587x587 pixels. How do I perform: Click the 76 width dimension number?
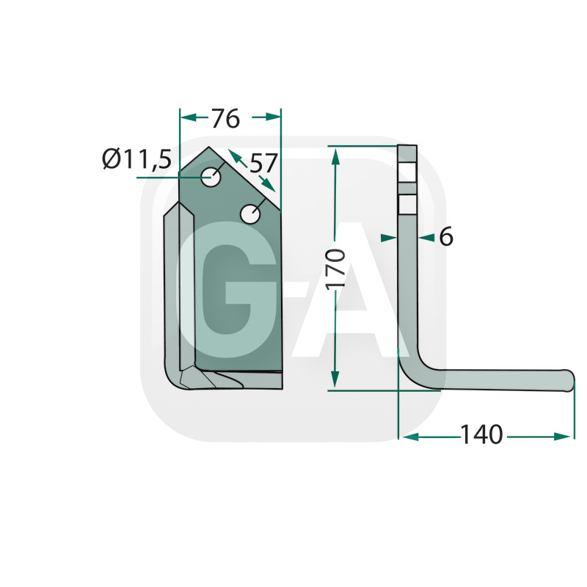click(225, 119)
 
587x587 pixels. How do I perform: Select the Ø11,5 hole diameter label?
click(137, 158)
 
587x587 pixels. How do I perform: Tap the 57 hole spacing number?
click(263, 163)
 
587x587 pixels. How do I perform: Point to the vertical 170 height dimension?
click(335, 269)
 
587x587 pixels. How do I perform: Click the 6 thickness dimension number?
click(446, 236)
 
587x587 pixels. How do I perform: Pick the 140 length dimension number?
click(481, 434)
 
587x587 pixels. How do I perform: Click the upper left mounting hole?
click(211, 177)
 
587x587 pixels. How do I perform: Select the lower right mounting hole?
click(250, 214)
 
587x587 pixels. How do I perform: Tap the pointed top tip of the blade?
click(209, 147)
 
